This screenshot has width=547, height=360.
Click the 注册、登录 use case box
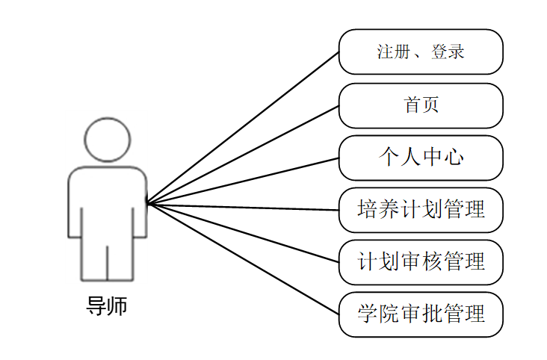click(x=421, y=52)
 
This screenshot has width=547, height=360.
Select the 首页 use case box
click(x=421, y=105)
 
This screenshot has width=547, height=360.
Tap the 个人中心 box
click(x=421, y=158)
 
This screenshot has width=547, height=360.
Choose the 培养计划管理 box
click(x=421, y=210)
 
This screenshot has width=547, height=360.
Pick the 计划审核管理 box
click(x=421, y=262)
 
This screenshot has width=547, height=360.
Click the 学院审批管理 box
click(x=421, y=314)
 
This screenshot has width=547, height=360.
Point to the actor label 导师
click(x=107, y=306)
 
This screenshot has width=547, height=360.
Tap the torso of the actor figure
click(x=108, y=202)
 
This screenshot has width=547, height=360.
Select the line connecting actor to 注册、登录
click(x=243, y=127)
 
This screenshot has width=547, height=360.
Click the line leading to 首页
click(x=243, y=154)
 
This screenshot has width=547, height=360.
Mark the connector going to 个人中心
click(x=243, y=180)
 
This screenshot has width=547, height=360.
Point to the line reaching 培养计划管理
click(x=243, y=207)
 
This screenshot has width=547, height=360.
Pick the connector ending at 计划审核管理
click(x=243, y=232)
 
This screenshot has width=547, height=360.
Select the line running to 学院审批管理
click(x=243, y=258)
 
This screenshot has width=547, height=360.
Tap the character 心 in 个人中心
click(x=454, y=158)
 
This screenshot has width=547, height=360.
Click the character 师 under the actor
click(x=117, y=306)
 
